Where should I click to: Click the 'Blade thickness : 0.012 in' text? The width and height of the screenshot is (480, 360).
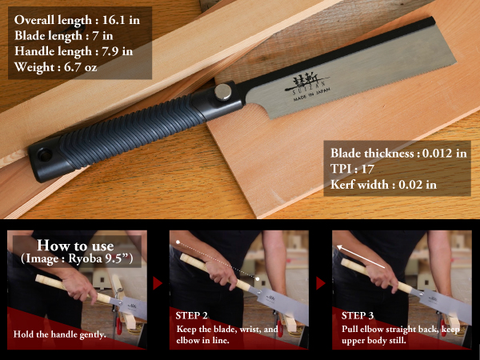pos(398,153)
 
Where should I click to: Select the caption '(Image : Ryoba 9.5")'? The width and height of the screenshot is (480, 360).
pos(76,260)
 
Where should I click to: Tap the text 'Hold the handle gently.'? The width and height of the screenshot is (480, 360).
pos(60,334)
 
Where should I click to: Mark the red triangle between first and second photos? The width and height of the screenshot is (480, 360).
pos(157,283)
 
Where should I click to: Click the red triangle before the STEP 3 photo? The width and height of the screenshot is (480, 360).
pos(320,283)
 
